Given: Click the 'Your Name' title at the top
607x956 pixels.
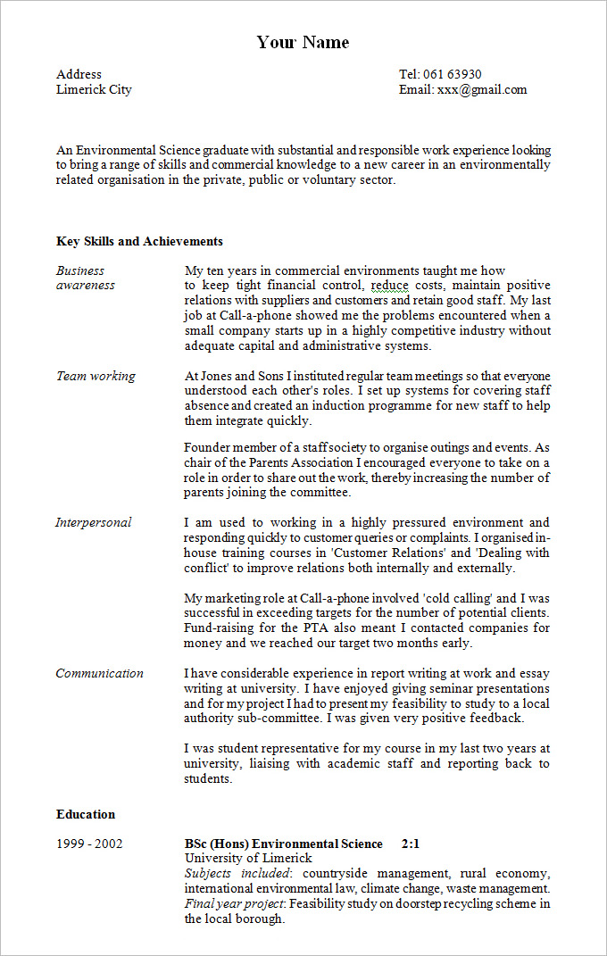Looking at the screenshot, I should coord(303,42).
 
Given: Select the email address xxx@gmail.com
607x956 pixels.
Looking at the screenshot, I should coord(481,89).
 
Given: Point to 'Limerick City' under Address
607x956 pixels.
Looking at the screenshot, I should coord(94,89).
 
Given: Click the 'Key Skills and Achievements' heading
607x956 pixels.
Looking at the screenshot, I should coord(139,241).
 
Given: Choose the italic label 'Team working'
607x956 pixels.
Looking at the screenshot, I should coord(96,376).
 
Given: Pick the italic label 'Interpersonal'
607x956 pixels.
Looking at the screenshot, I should coord(93,522).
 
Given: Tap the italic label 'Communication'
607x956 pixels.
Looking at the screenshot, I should coord(99,673).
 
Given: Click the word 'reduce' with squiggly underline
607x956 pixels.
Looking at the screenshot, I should coord(389,285).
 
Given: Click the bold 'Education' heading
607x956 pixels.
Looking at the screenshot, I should coord(86,814).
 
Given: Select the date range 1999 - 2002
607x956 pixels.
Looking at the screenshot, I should coord(89,844).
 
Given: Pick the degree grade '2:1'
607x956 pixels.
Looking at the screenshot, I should coord(411,844).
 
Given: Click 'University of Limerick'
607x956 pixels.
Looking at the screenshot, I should coord(236,858).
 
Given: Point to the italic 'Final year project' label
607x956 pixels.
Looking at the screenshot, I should coord(234,904).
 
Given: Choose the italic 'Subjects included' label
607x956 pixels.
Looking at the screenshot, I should coord(237,873).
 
